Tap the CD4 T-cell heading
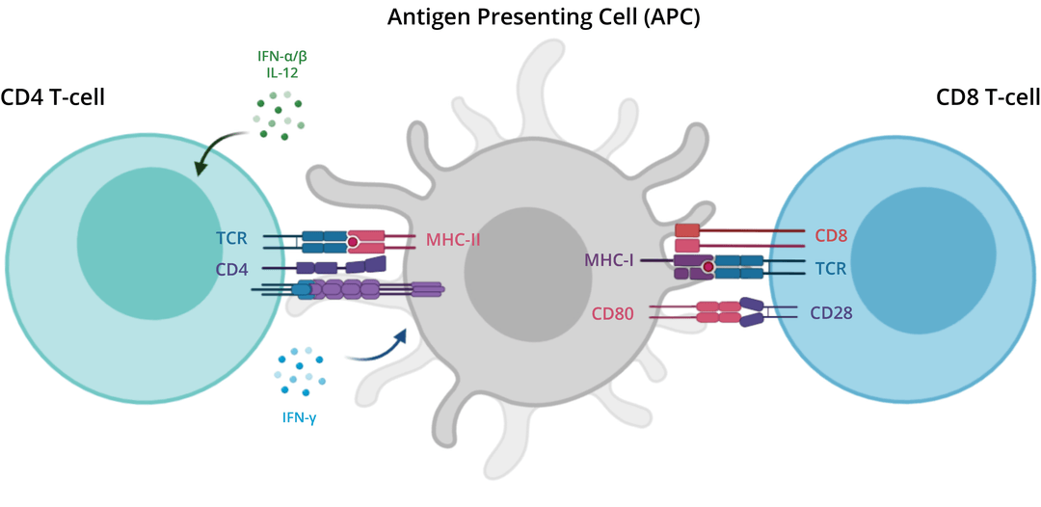pyautogui.click(x=53, y=97)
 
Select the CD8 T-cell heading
pyautogui.click(x=988, y=97)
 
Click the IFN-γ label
pyautogui.click(x=300, y=417)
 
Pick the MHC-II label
pyautogui.click(x=453, y=239)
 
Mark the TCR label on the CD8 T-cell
pyautogui.click(x=831, y=268)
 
